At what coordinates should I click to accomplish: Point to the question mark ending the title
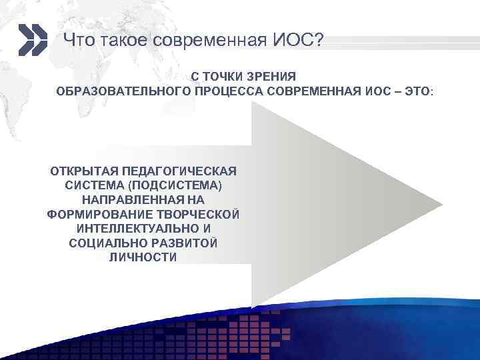coord(318,41)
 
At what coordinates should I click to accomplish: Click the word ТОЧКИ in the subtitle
coord(225,77)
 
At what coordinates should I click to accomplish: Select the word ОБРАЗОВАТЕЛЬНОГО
coord(123,91)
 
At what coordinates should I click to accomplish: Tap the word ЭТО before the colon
coord(415,91)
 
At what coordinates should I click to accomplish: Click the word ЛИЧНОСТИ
coord(143,257)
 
